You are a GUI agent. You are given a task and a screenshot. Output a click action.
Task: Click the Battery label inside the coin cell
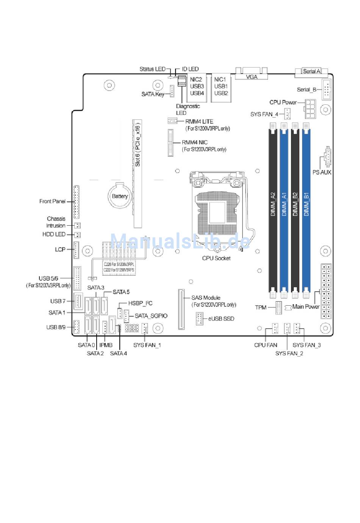coord(120,196)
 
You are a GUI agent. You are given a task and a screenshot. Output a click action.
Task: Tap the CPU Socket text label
coord(216,258)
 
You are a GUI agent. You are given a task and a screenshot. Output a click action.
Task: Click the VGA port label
coord(252,77)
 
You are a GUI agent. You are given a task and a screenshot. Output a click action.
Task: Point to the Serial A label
coord(311,71)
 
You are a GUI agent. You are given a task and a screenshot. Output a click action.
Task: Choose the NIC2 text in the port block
coord(196,80)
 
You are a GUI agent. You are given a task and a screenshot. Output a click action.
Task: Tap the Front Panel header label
coord(52,201)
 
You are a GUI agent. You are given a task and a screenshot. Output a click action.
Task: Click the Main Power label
coord(306,306)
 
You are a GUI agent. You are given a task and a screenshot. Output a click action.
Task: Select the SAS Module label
coord(206,298)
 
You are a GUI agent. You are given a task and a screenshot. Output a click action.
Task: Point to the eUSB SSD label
coord(221,319)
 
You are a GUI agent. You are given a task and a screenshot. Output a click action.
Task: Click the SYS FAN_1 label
coord(147,345)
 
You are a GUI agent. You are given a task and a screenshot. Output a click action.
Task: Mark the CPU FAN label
coord(266,345)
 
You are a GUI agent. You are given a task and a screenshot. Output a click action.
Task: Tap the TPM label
coord(261,307)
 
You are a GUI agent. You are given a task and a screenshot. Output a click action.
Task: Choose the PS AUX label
coord(322,172)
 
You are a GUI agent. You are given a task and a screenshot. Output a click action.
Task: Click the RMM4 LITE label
coord(199,121)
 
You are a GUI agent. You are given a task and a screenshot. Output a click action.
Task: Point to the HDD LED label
coord(54,234)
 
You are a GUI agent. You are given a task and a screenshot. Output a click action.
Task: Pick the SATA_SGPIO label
coord(151,316)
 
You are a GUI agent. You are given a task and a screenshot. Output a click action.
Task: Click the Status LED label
coord(152,69)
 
